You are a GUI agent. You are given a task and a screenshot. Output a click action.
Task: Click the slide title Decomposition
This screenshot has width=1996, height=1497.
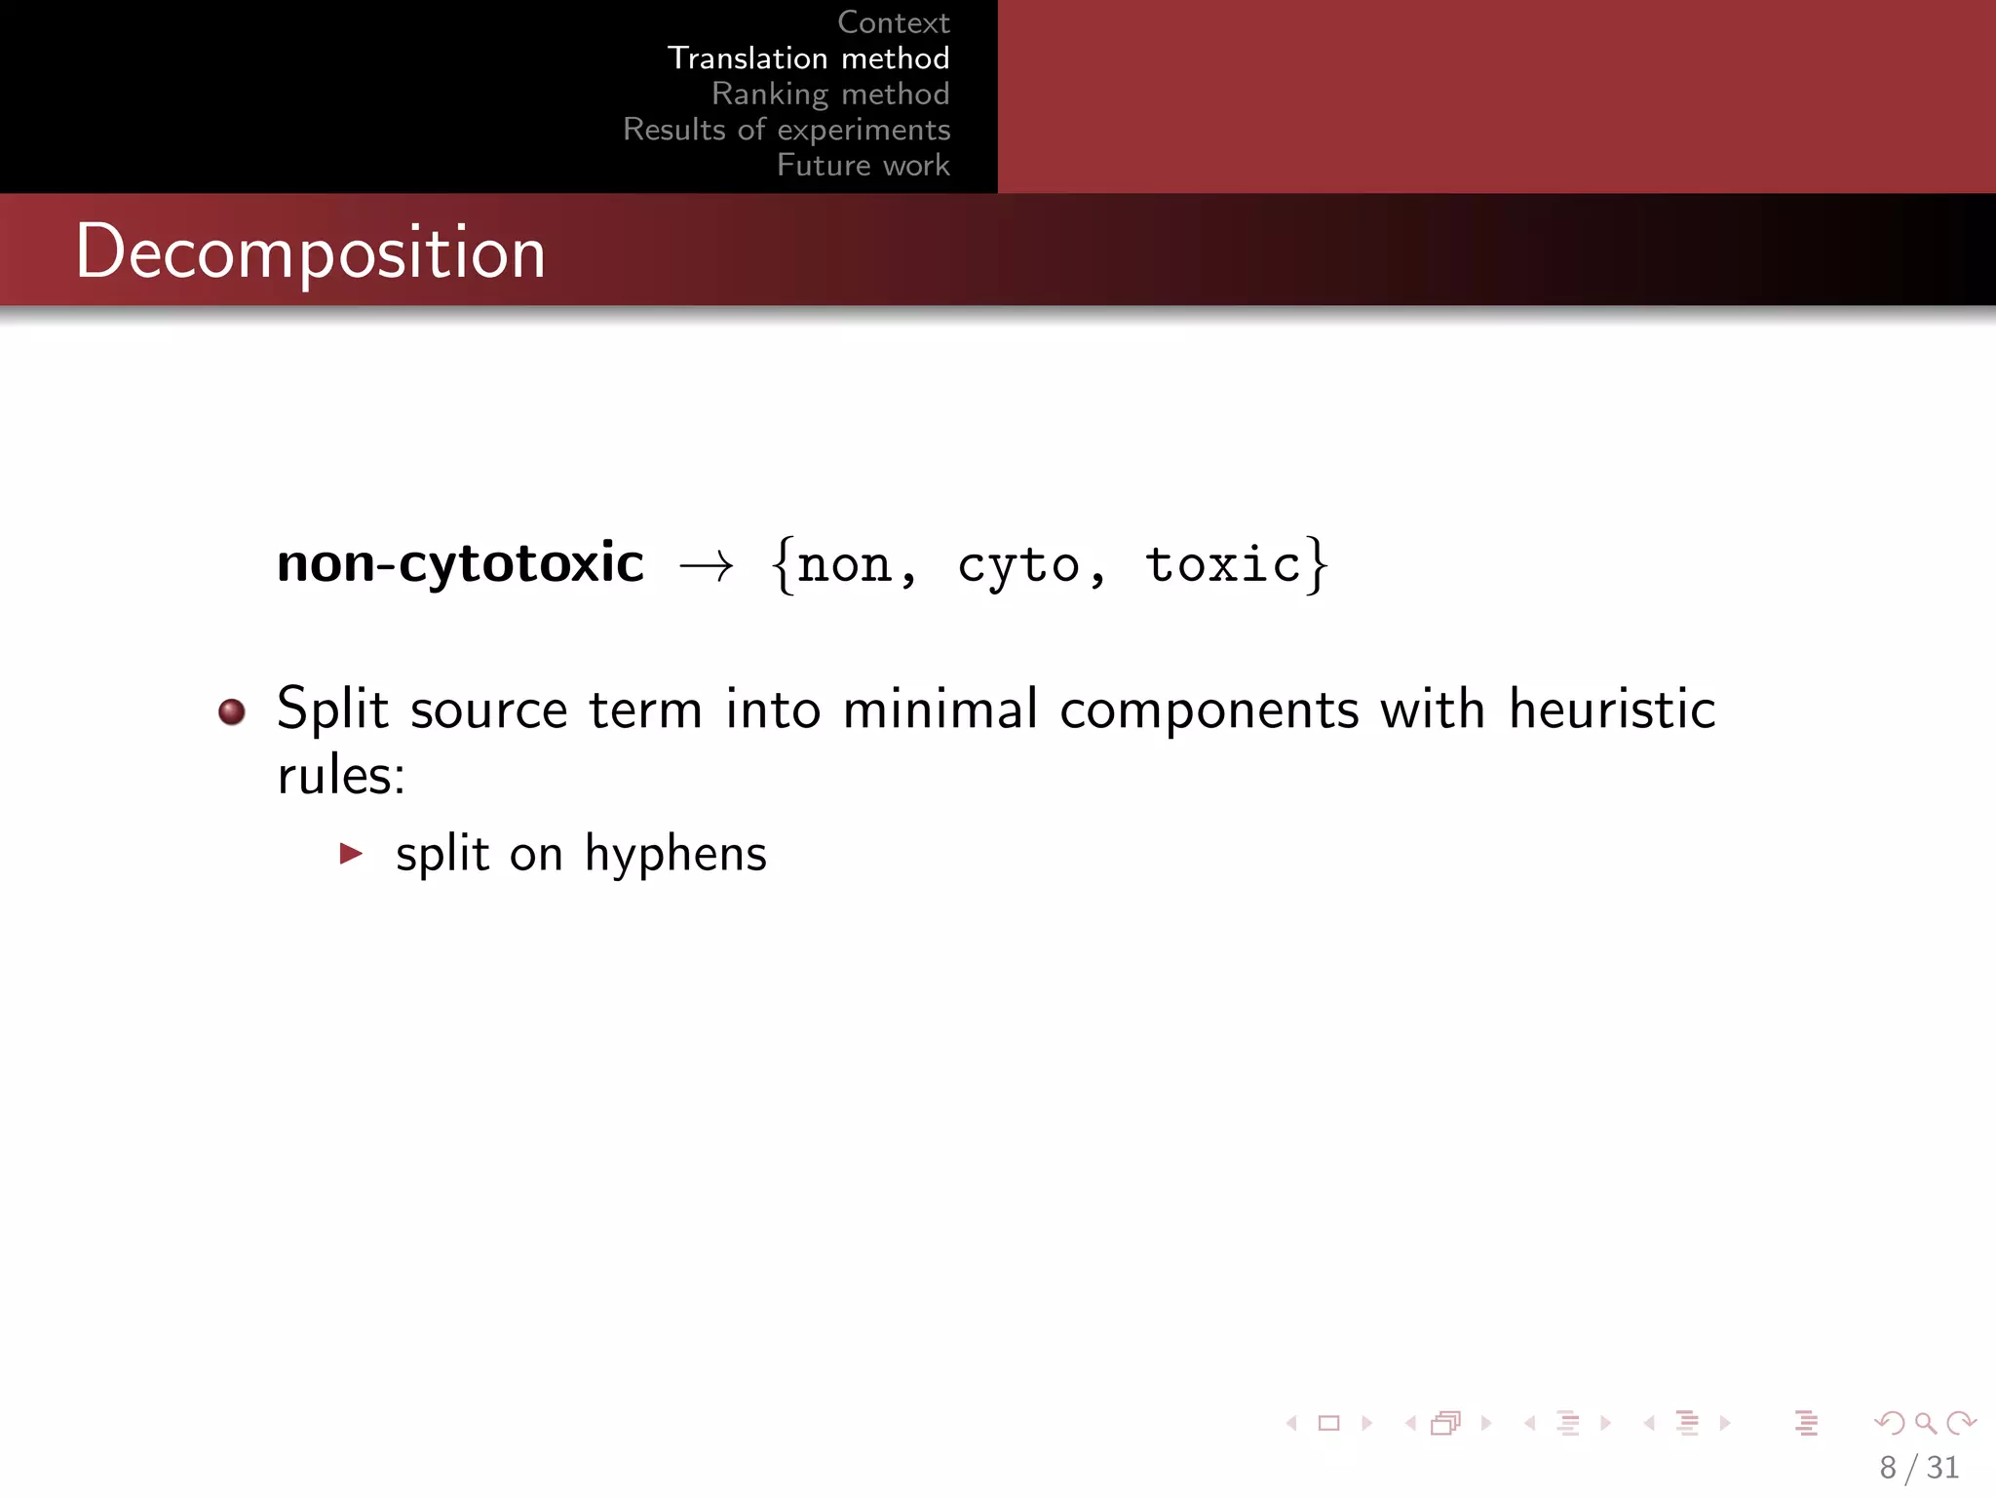click(x=310, y=252)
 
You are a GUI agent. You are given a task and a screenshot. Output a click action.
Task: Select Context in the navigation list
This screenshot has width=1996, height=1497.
click(x=893, y=22)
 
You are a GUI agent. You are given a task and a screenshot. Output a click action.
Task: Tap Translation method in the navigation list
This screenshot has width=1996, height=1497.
click(x=808, y=58)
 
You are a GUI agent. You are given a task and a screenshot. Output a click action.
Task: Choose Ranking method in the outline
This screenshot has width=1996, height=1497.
click(x=830, y=94)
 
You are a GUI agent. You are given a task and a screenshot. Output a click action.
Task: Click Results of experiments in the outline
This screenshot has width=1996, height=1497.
click(x=787, y=130)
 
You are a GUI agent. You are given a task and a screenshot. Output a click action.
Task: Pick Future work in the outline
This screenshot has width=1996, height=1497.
click(x=863, y=165)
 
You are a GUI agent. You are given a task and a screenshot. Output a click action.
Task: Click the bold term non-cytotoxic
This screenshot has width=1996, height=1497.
click(x=460, y=563)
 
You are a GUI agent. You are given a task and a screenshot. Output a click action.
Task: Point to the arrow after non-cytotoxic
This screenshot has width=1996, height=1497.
click(x=707, y=565)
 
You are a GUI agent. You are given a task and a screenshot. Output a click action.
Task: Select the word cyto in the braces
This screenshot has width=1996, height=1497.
click(x=1018, y=565)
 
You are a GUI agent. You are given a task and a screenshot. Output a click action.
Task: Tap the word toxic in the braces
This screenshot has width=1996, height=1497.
click(x=1223, y=565)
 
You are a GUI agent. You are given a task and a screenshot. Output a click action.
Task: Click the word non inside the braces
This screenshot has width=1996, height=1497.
click(x=844, y=566)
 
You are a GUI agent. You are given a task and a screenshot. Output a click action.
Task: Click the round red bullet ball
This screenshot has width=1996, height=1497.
click(x=232, y=711)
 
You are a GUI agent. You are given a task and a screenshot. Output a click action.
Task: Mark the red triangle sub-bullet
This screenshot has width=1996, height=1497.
click(x=351, y=855)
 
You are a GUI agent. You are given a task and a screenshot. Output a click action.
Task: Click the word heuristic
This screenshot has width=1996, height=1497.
click(x=1612, y=709)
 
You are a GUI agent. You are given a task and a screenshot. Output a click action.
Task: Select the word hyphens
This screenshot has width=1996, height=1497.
click(x=675, y=855)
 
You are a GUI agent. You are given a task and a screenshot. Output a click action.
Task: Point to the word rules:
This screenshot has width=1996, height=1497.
click(x=341, y=777)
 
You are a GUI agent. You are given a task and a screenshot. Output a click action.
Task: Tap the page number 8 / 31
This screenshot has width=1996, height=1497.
click(x=1919, y=1467)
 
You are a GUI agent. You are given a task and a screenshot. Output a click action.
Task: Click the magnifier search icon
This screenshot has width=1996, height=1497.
click(x=1925, y=1423)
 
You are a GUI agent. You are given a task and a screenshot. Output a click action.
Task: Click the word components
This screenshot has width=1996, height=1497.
click(x=1209, y=710)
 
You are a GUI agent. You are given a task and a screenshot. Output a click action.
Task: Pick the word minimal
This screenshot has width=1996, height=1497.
click(x=940, y=709)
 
